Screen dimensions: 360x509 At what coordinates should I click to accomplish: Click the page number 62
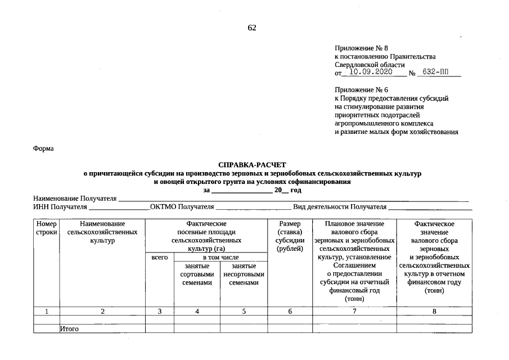click(x=252, y=28)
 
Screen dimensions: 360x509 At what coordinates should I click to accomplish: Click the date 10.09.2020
click(x=370, y=73)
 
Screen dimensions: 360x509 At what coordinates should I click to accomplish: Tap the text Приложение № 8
click(x=361, y=48)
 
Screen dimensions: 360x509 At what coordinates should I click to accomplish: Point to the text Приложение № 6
click(x=361, y=90)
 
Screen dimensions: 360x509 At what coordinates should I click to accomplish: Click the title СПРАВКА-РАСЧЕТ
click(x=252, y=166)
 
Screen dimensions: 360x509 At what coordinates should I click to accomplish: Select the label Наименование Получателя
click(x=75, y=199)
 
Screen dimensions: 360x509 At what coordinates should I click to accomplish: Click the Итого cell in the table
click(x=70, y=328)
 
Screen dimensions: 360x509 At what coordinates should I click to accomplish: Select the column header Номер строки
click(x=46, y=228)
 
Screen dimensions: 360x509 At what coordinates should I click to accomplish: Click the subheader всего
click(x=160, y=257)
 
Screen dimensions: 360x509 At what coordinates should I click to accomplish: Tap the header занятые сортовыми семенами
click(x=197, y=274)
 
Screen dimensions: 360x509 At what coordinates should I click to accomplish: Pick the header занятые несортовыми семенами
click(x=244, y=274)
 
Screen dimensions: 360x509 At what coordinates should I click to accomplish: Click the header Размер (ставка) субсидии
click(x=290, y=236)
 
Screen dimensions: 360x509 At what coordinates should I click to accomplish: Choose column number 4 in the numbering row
click(x=197, y=311)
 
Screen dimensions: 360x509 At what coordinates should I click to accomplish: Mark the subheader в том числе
click(x=220, y=257)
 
